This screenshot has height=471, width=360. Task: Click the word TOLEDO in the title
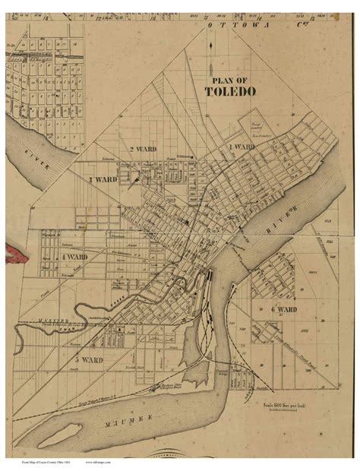[x=232, y=91]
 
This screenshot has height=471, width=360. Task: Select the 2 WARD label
[x=142, y=149]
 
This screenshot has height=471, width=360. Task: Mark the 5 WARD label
[x=88, y=359]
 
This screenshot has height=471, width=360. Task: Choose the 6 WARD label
[x=283, y=310]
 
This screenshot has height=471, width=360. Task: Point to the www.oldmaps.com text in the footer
[x=99, y=460]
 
